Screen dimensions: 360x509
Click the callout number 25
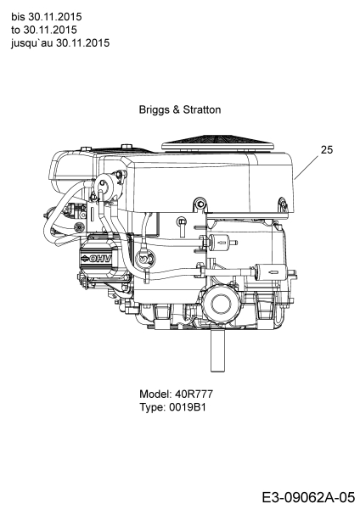click(x=327, y=149)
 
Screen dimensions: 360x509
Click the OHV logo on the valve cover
click(x=96, y=259)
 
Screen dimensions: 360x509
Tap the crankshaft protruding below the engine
click(x=217, y=350)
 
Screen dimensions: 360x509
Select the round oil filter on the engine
click(x=222, y=304)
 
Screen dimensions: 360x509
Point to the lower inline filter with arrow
click(x=273, y=272)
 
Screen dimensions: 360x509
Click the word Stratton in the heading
click(x=202, y=109)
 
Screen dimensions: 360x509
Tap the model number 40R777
click(x=194, y=394)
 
